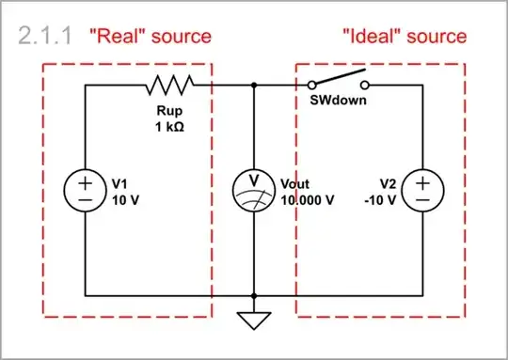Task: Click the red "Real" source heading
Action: pyautogui.click(x=149, y=36)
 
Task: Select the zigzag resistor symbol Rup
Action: pyautogui.click(x=169, y=86)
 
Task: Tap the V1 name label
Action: pyautogui.click(x=121, y=183)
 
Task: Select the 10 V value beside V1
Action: pyautogui.click(x=126, y=199)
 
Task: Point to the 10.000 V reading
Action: pyautogui.click(x=308, y=199)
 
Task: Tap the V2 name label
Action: pyautogui.click(x=389, y=183)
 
